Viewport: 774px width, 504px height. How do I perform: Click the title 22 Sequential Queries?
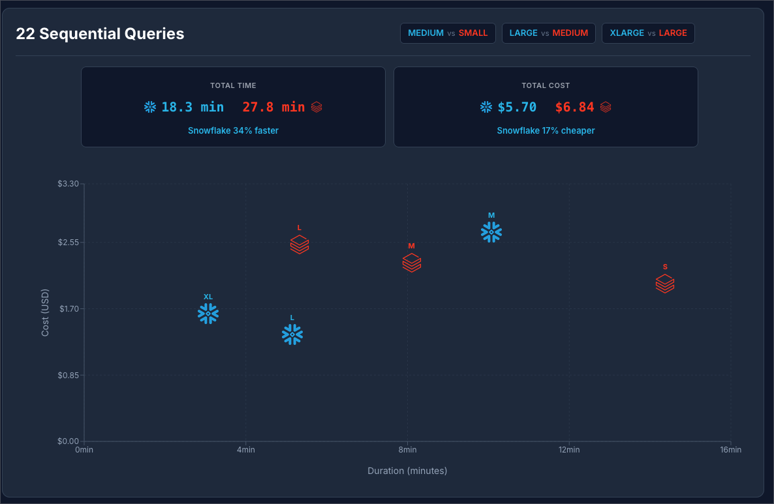[100, 34]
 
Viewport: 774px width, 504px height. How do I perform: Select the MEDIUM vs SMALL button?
[448, 33]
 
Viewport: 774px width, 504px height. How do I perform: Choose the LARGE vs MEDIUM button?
[548, 33]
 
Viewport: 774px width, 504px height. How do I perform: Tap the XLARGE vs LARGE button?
[648, 33]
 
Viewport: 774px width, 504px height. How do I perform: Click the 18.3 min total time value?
[192, 107]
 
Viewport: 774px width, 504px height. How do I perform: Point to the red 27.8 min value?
[273, 107]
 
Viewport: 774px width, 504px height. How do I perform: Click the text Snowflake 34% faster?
[233, 130]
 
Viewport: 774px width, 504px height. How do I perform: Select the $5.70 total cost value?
[517, 107]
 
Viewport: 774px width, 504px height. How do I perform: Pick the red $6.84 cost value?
[574, 107]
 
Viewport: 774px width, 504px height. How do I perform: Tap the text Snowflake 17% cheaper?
[546, 130]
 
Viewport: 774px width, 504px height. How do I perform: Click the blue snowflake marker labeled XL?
[208, 314]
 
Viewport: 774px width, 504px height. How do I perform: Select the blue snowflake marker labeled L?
[292, 334]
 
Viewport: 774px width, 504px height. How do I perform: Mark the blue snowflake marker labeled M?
[491, 232]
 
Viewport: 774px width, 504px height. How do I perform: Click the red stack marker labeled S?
[665, 284]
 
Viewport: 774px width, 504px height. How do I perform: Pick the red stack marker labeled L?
[300, 245]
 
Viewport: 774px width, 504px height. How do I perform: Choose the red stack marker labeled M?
[412, 263]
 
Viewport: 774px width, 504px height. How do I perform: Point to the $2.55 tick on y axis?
[68, 243]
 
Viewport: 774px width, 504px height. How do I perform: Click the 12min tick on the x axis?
[569, 450]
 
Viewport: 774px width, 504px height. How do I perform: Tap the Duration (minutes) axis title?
[407, 471]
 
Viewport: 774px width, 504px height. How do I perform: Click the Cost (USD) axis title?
[45, 313]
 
